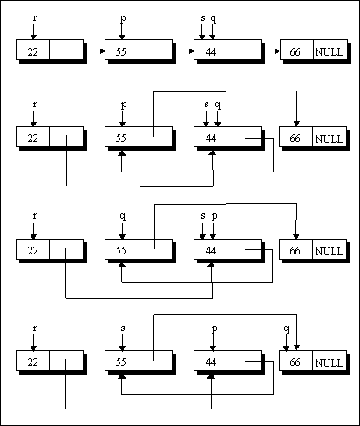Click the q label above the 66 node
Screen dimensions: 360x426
[287, 328]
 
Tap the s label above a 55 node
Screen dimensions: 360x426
[123, 328]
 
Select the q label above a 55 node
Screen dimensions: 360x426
[123, 216]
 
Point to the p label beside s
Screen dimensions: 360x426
[214, 216]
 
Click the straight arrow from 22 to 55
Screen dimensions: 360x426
[89, 51]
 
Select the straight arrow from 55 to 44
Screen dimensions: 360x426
[178, 51]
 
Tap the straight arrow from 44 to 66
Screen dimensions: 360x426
[263, 51]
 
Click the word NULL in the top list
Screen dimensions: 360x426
[329, 52]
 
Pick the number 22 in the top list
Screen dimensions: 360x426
[33, 52]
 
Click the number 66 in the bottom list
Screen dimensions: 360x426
[295, 362]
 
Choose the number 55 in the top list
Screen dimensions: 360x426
[121, 52]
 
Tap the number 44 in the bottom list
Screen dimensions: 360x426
[211, 362]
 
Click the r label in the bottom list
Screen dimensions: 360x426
[35, 328]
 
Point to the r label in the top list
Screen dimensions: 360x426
[35, 18]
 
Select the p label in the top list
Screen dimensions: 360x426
[123, 18]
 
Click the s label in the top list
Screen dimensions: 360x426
[203, 18]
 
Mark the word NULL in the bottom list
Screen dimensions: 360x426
[329, 362]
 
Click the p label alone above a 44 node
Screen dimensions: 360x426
[214, 328]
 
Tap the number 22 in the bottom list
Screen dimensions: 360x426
[33, 362]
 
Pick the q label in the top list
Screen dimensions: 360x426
[214, 19]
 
